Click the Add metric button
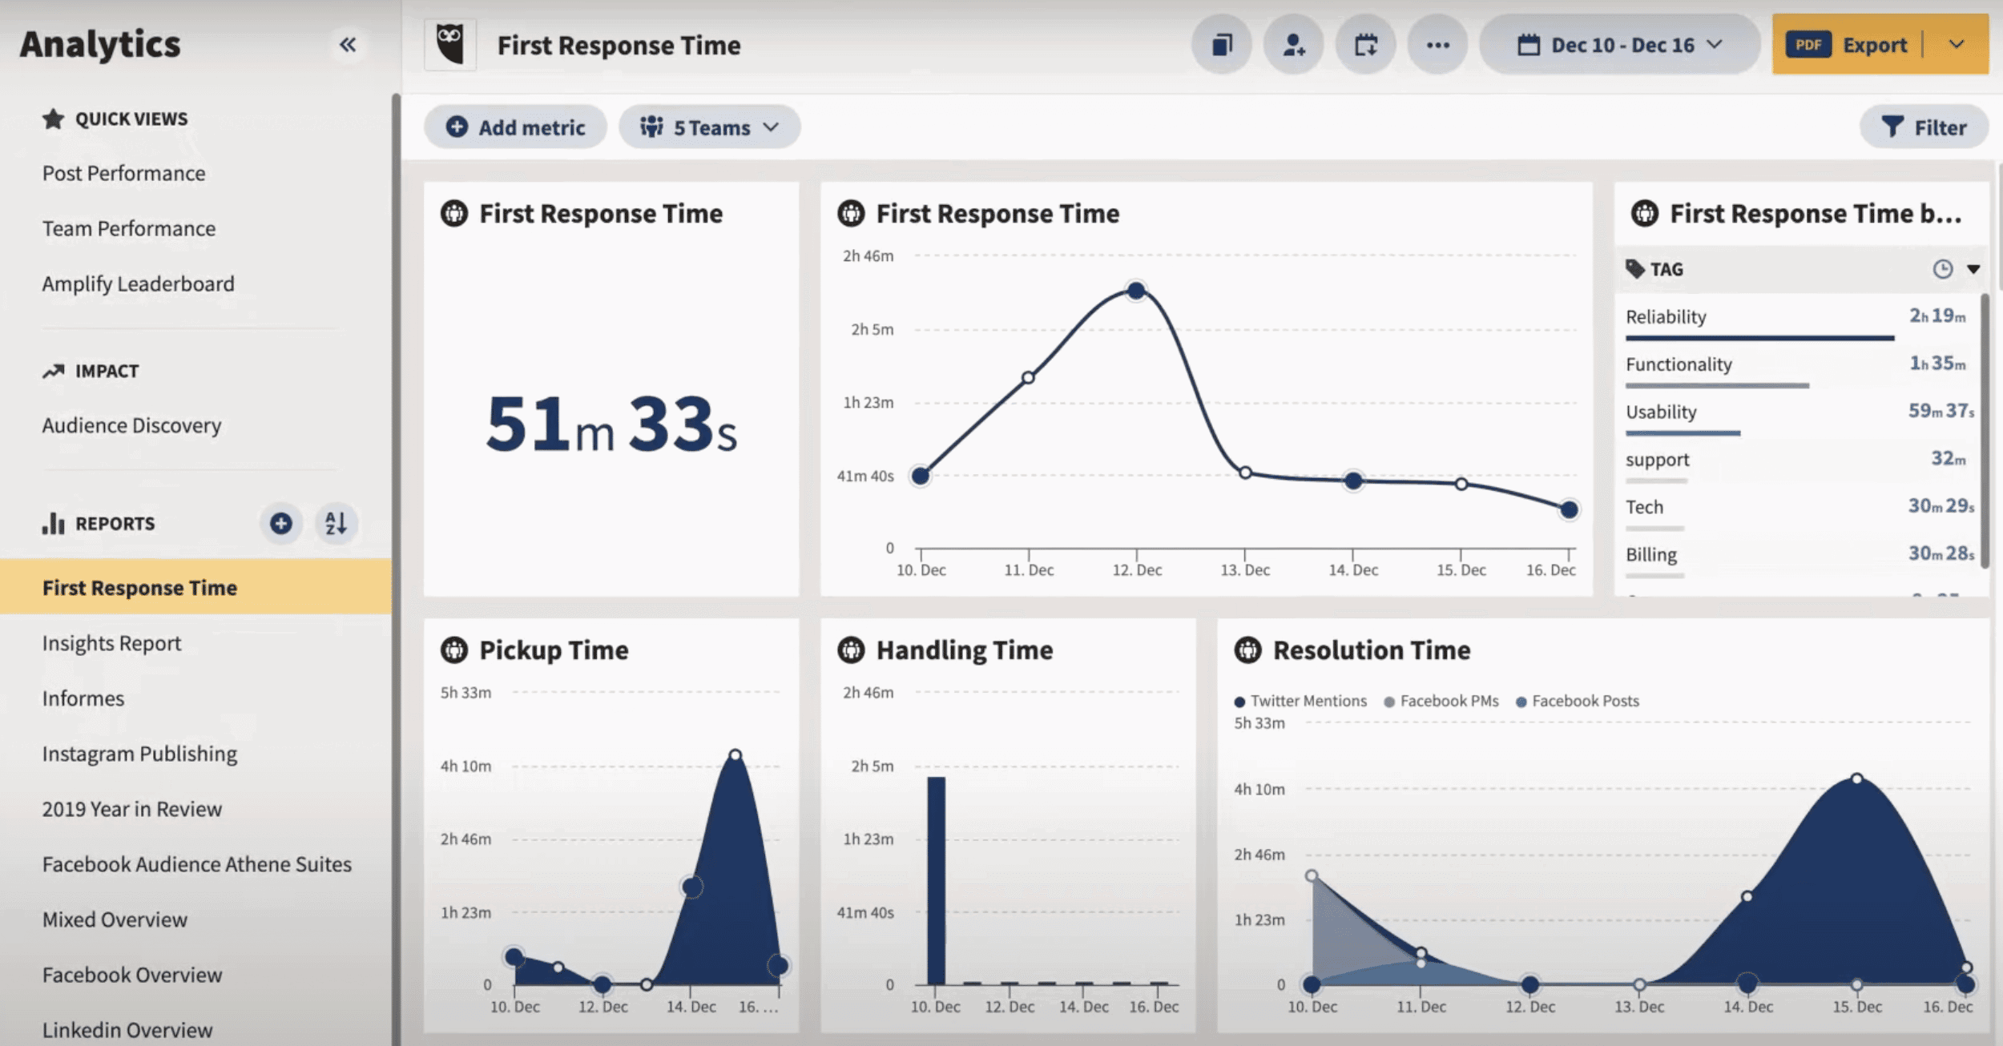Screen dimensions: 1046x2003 (516, 127)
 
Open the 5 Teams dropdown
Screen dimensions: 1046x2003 (709, 127)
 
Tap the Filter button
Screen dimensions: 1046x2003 (1924, 127)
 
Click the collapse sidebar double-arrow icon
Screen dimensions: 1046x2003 (347, 45)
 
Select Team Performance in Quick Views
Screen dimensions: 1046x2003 (129, 228)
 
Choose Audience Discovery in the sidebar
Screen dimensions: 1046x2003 (131, 425)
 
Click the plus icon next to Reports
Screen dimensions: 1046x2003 (280, 524)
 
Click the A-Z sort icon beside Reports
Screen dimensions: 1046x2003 (336, 524)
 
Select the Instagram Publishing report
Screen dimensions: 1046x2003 (139, 754)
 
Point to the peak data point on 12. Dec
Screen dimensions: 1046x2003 (1136, 290)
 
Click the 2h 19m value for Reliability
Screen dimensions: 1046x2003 (1937, 316)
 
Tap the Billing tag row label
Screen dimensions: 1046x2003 (1651, 555)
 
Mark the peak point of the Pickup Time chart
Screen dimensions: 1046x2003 (735, 754)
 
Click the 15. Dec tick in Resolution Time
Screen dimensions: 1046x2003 (1856, 1006)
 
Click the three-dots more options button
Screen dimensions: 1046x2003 (1437, 45)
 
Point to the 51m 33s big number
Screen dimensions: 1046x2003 (611, 424)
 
